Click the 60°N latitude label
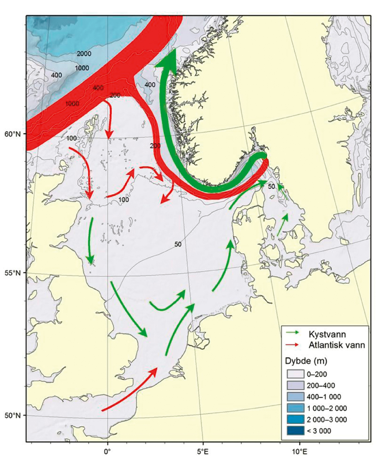[12, 134]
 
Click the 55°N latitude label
[12, 273]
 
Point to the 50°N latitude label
[12, 415]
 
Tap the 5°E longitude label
[203, 451]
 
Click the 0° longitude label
[108, 451]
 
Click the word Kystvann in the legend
[327, 334]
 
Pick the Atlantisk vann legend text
[337, 345]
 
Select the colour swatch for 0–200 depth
[296, 374]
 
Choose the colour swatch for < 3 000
[296, 431]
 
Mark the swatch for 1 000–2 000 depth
[296, 408]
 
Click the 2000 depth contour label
[84, 54]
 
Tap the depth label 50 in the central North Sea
[178, 244]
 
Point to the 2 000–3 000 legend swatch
[296, 420]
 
